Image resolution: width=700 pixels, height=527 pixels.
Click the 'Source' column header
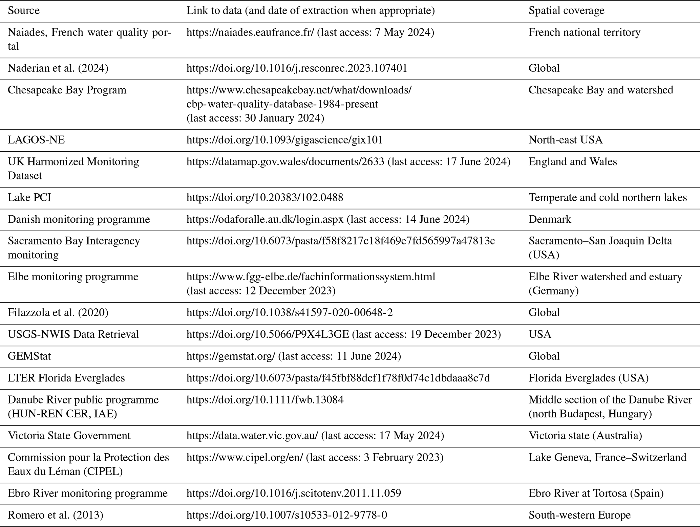click(24, 10)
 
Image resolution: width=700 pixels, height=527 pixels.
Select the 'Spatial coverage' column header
click(566, 10)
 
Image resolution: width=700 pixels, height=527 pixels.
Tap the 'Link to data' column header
click(310, 10)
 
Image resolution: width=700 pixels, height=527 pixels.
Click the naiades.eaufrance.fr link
click(250, 32)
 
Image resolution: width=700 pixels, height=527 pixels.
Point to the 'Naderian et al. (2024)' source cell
click(58, 68)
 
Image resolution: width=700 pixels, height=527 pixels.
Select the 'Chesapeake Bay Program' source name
click(67, 90)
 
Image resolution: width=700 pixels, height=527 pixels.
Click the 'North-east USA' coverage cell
click(565, 140)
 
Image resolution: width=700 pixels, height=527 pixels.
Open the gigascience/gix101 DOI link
click(284, 140)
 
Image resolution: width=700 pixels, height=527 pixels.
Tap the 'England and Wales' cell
click(573, 162)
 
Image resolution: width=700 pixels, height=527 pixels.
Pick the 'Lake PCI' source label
click(29, 197)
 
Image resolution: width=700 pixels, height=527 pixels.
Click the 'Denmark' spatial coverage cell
click(550, 219)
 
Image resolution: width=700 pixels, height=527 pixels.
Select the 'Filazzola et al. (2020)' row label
click(58, 312)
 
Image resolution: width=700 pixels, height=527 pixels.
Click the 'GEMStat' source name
click(29, 356)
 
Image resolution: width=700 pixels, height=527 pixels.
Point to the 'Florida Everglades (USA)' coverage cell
click(588, 378)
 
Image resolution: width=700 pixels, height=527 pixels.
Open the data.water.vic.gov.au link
click(252, 436)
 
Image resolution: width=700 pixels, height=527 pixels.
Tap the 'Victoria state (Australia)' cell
click(585, 436)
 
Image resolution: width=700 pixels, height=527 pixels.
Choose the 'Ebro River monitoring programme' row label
click(87, 493)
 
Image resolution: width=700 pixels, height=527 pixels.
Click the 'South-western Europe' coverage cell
click(579, 515)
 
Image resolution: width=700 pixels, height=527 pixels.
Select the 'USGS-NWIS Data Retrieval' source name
click(73, 334)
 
